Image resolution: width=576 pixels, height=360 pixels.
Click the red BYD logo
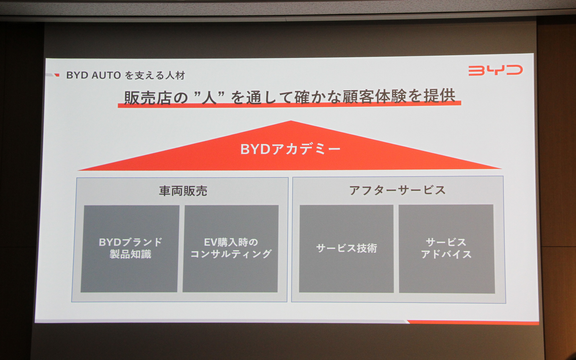click(x=495, y=70)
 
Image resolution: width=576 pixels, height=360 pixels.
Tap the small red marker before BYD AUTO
click(x=57, y=75)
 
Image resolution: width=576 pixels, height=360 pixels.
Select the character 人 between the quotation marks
click(x=209, y=98)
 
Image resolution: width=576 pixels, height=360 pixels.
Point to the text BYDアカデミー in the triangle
click(x=290, y=149)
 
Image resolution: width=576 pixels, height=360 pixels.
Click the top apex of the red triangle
click(x=290, y=122)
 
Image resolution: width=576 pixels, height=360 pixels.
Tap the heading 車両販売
click(x=183, y=191)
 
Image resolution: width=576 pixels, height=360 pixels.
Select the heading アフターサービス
click(x=397, y=190)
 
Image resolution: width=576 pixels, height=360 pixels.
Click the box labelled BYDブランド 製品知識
click(x=130, y=248)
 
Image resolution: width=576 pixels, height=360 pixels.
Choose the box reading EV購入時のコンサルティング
click(x=231, y=248)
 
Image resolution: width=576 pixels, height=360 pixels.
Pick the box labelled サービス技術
click(x=346, y=248)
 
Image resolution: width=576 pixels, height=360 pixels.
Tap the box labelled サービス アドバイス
click(x=446, y=248)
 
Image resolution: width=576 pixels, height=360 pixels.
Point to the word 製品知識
click(x=130, y=254)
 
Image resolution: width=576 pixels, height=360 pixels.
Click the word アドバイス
click(x=446, y=254)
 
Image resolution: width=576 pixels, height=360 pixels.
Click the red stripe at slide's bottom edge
click(x=474, y=322)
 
